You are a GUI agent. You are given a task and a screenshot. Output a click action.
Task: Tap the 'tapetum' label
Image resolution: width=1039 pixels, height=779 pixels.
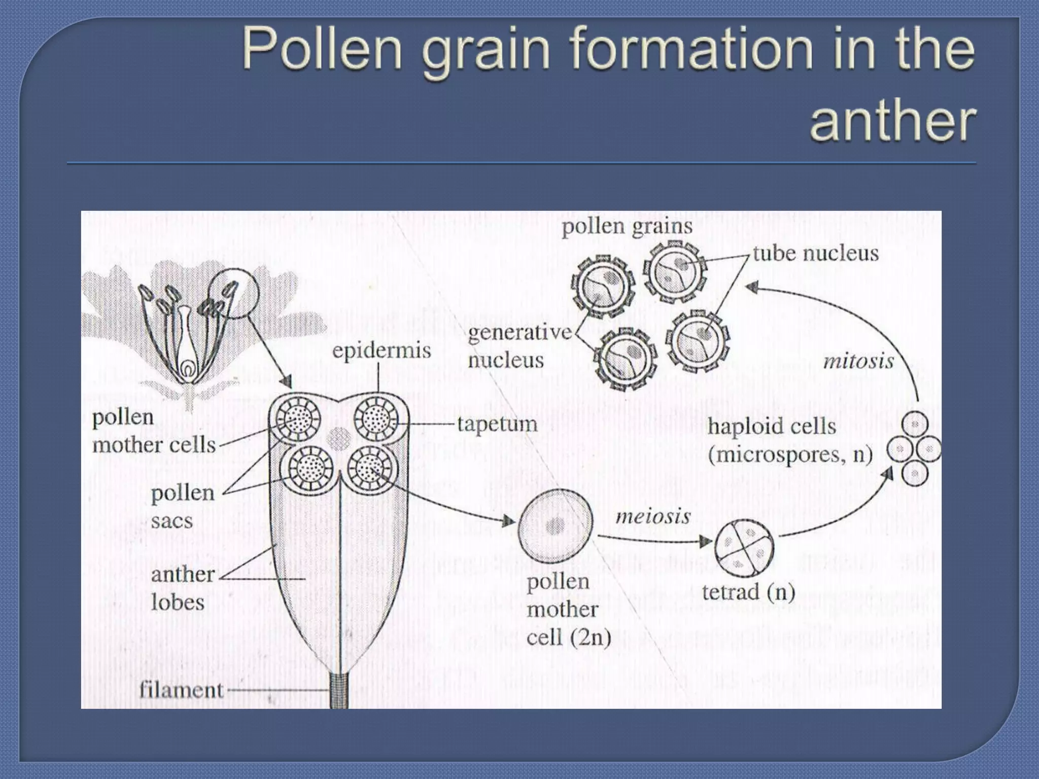[497, 424]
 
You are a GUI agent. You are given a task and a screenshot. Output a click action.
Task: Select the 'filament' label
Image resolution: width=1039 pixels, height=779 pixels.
[181, 690]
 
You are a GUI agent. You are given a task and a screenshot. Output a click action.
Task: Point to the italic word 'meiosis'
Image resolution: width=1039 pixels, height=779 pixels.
[653, 517]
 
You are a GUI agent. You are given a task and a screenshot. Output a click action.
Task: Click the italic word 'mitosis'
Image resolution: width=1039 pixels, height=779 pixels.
[858, 361]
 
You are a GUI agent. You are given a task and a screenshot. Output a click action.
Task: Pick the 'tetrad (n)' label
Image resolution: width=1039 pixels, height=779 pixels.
[748, 592]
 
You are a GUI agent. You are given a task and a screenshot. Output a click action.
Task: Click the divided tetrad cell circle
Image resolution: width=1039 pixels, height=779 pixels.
[744, 548]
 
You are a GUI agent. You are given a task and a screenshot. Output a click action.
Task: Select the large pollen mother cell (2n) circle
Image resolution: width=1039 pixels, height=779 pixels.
[555, 526]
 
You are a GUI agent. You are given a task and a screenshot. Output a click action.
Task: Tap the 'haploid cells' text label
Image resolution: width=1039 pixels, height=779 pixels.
[772, 426]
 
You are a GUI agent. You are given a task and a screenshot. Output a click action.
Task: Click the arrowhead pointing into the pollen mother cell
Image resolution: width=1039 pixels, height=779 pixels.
[508, 521]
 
